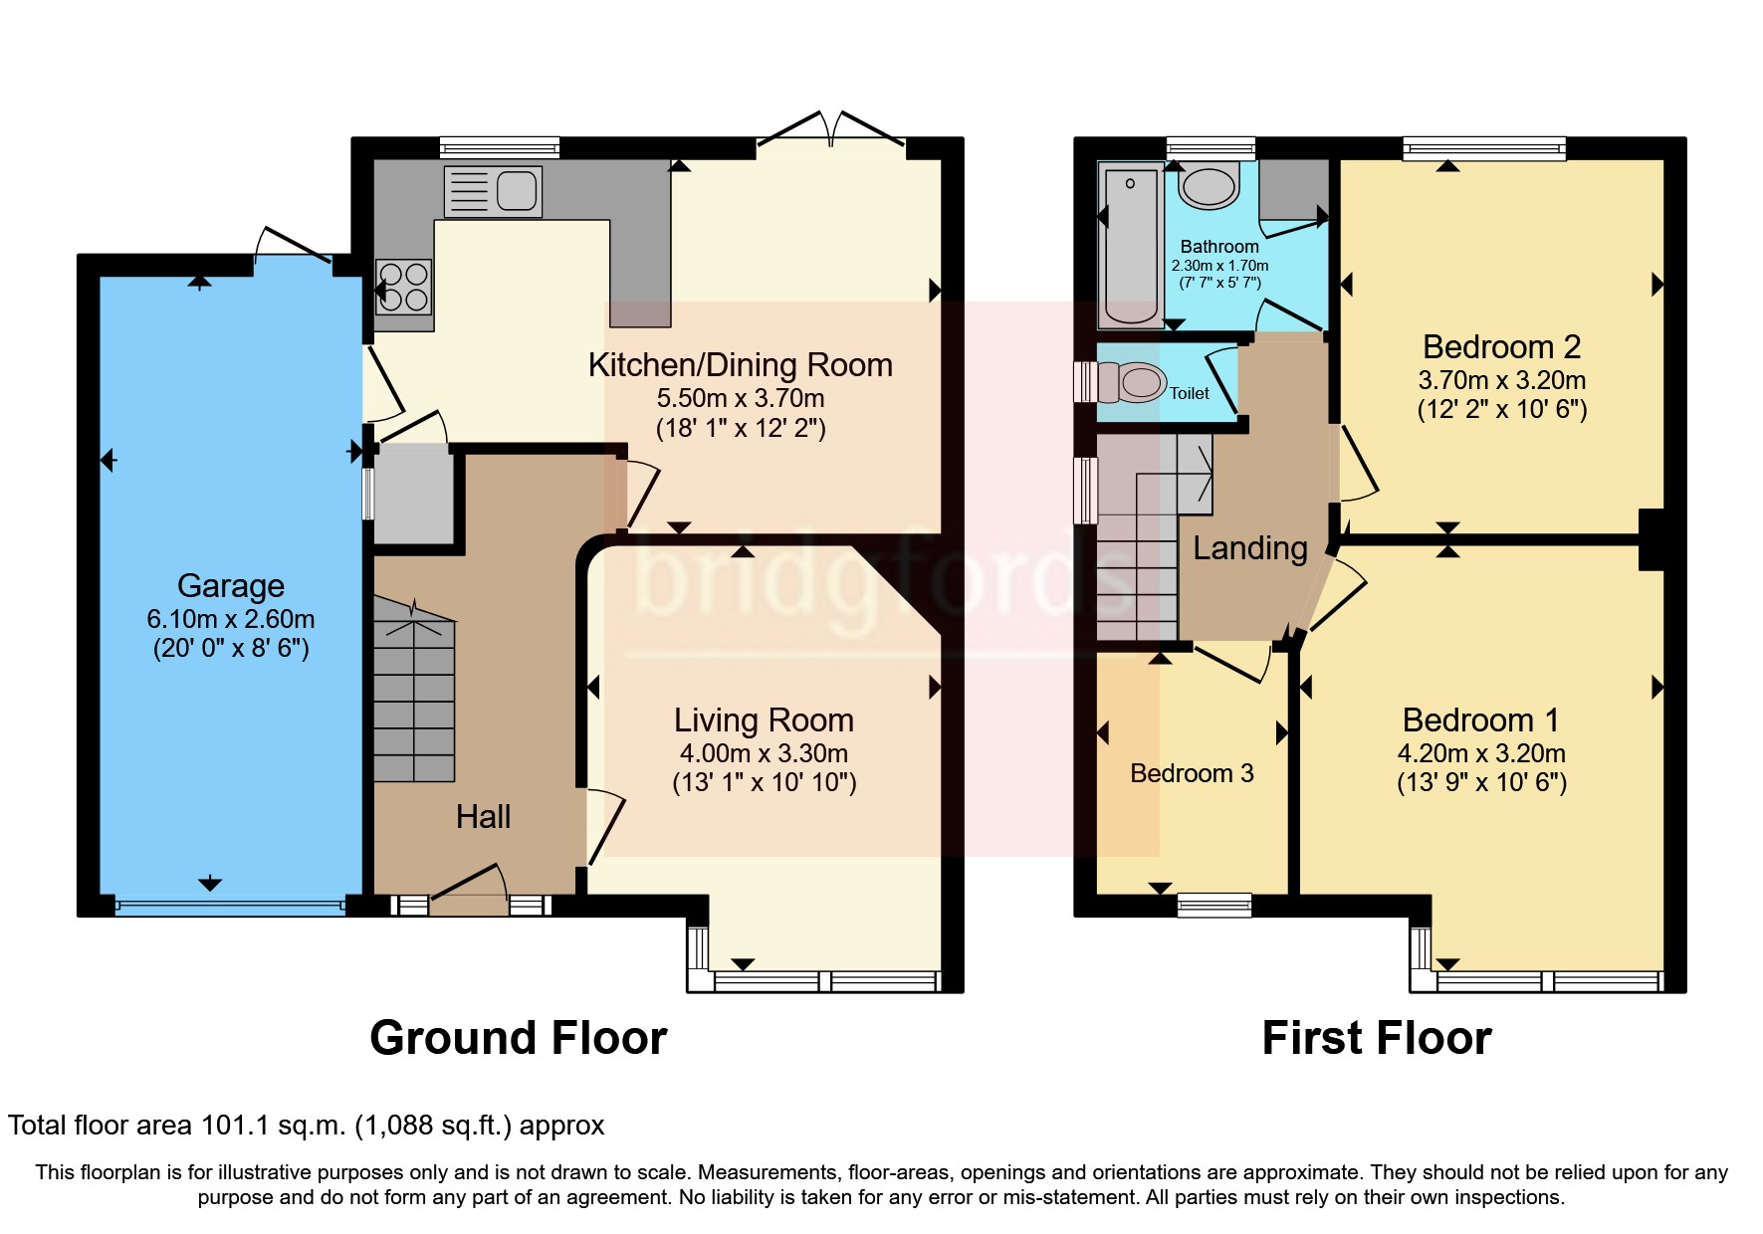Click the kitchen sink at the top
point(493,191)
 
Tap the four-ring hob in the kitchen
point(403,287)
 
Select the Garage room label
point(231,585)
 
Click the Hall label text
point(483,817)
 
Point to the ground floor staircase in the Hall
point(414,690)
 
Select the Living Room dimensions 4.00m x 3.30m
point(765,753)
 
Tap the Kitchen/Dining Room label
point(741,365)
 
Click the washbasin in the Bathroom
point(1209,186)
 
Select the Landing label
point(1250,548)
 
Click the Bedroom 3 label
point(1192,773)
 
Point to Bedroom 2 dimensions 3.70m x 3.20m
point(1502,380)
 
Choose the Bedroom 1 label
point(1481,720)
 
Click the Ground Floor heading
point(518,1038)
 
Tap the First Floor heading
point(1377,1038)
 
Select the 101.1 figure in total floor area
point(236,1126)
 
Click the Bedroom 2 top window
point(1484,149)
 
